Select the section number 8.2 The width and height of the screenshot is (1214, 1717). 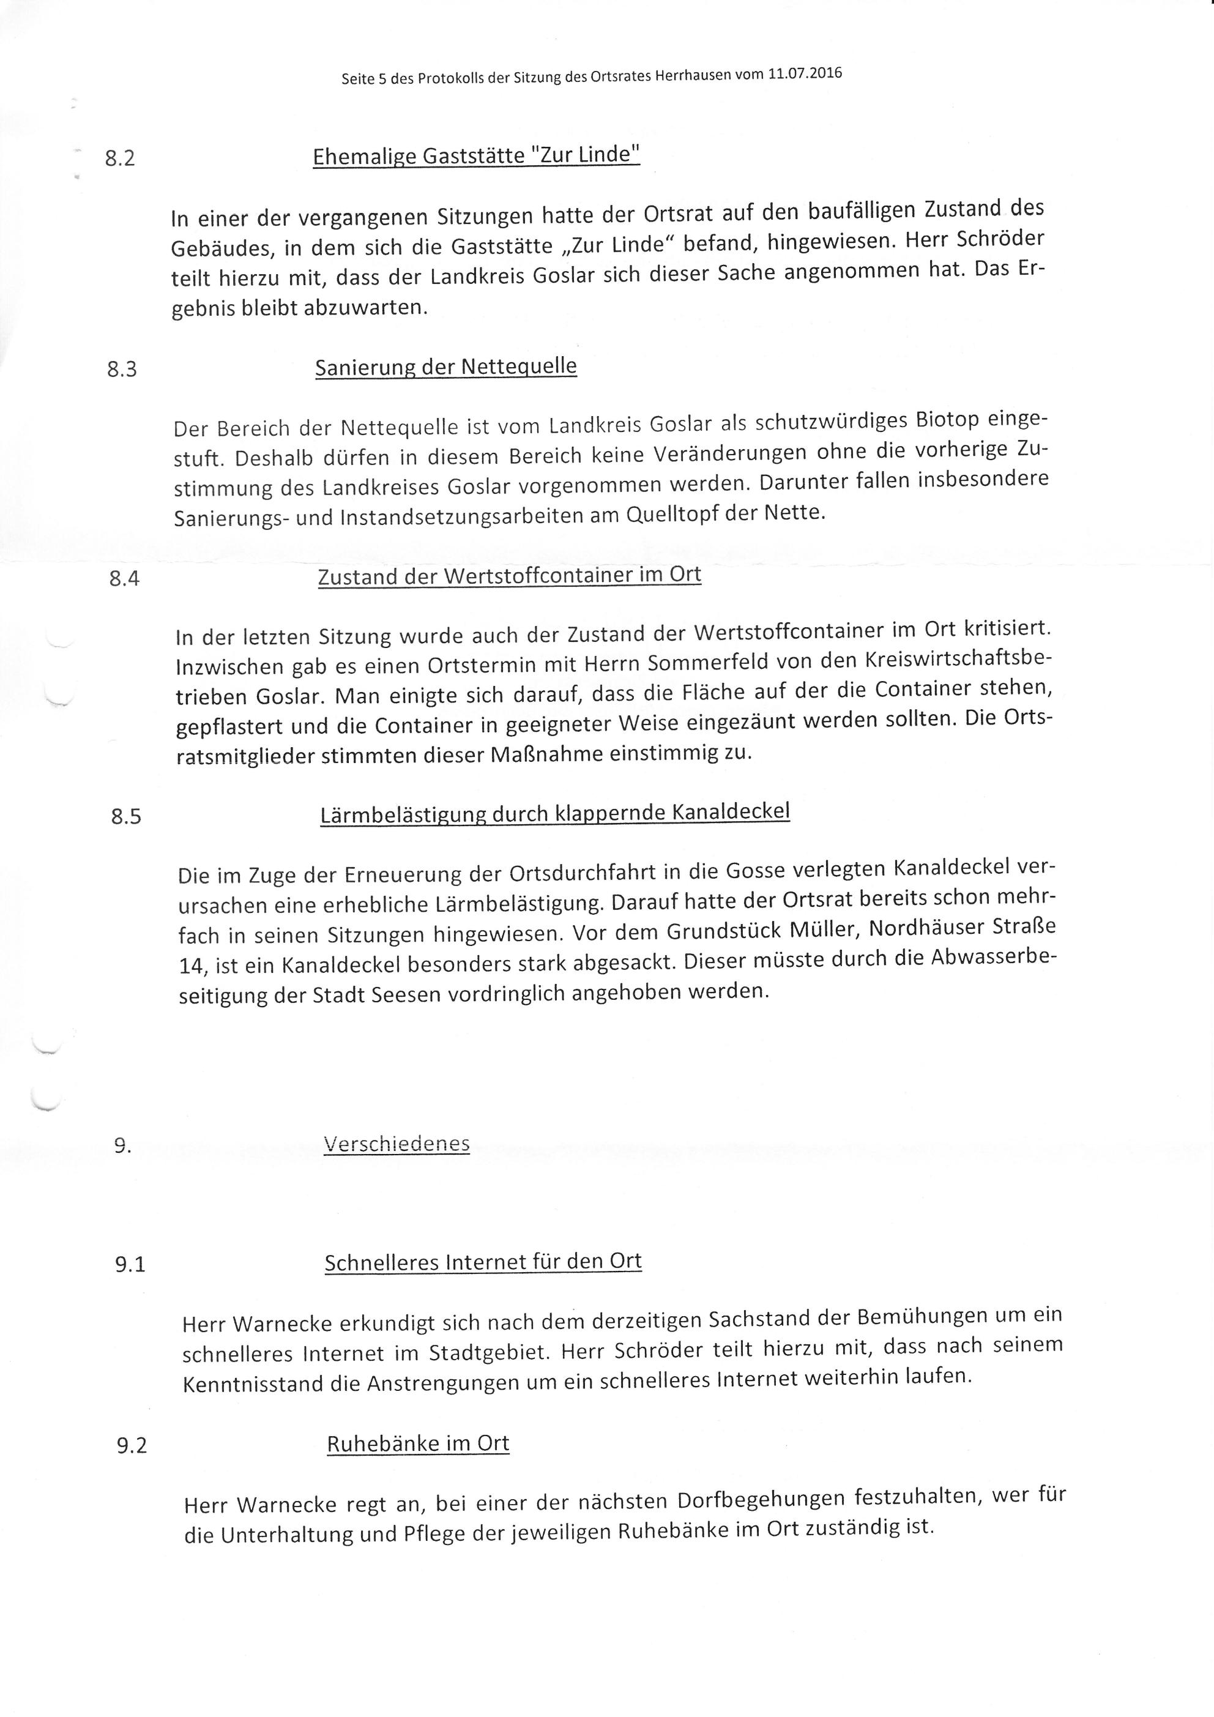click(x=120, y=158)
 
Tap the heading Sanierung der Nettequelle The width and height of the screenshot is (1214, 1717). click(x=446, y=367)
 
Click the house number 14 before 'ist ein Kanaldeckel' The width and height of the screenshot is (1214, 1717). click(x=192, y=966)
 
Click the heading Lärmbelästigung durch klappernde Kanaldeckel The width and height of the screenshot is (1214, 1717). click(x=555, y=813)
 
